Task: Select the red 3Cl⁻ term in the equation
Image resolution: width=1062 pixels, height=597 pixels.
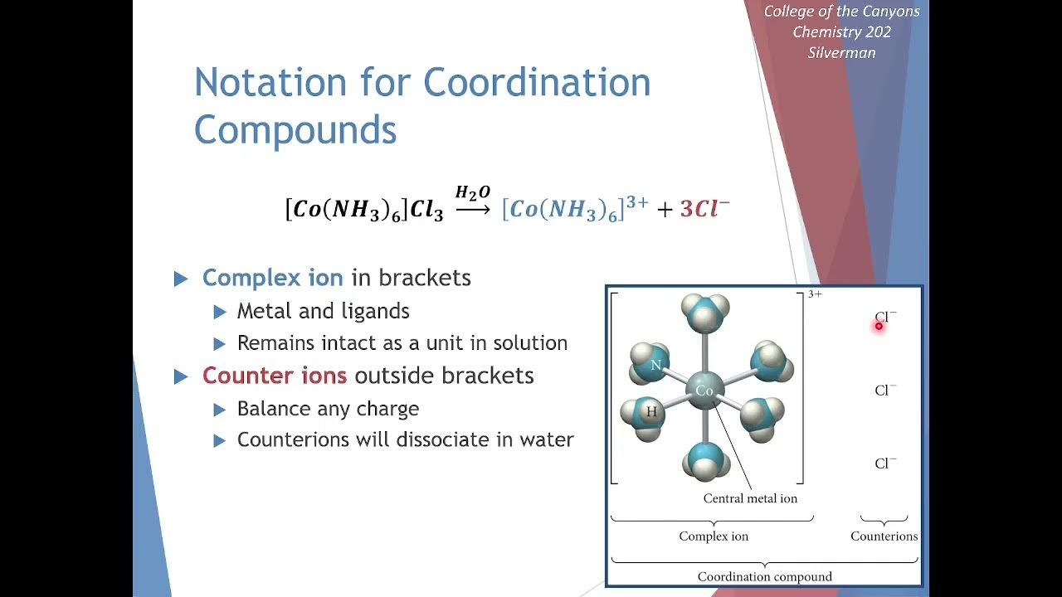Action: [704, 209]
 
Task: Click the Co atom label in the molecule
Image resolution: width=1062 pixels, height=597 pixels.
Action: [704, 391]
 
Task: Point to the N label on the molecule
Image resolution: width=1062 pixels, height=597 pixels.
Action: [655, 365]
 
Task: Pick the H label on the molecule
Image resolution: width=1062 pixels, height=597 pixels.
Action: [651, 411]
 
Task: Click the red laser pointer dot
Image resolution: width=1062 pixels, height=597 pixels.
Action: [879, 326]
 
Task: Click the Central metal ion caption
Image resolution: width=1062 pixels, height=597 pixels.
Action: [750, 498]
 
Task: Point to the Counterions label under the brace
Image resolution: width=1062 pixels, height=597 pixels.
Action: [884, 536]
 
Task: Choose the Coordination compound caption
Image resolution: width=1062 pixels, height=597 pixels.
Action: [764, 576]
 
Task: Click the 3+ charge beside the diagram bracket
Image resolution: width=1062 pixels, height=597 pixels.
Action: [815, 294]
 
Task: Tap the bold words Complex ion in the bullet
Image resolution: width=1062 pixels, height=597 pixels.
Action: [272, 278]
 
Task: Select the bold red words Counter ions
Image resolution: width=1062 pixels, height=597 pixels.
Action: [274, 376]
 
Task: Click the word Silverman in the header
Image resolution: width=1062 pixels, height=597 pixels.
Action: [841, 52]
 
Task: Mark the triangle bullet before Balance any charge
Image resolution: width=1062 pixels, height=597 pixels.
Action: [219, 410]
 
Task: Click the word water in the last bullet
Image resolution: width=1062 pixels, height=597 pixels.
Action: [546, 439]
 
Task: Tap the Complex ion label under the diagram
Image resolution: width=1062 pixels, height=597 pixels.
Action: [714, 536]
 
